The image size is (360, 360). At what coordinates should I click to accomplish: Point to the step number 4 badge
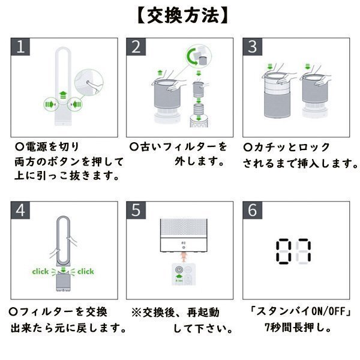(x=22, y=211)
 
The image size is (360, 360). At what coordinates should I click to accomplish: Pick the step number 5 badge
(x=137, y=211)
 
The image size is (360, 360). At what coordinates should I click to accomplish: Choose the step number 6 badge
(x=253, y=211)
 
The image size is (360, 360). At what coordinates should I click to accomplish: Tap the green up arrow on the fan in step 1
(x=63, y=94)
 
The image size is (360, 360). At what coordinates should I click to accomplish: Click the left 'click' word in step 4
(x=40, y=272)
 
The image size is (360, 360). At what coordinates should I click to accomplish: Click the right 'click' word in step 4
(x=86, y=272)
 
